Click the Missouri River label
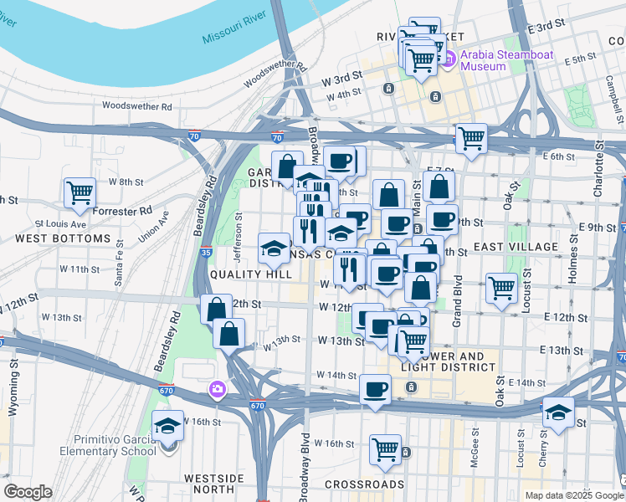click(234, 28)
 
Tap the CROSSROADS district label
click(364, 484)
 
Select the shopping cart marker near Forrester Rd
click(80, 192)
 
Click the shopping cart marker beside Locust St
click(501, 288)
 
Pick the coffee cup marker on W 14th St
click(375, 389)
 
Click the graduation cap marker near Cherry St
click(558, 412)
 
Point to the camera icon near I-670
click(217, 389)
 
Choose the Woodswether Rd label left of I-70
click(136, 106)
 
